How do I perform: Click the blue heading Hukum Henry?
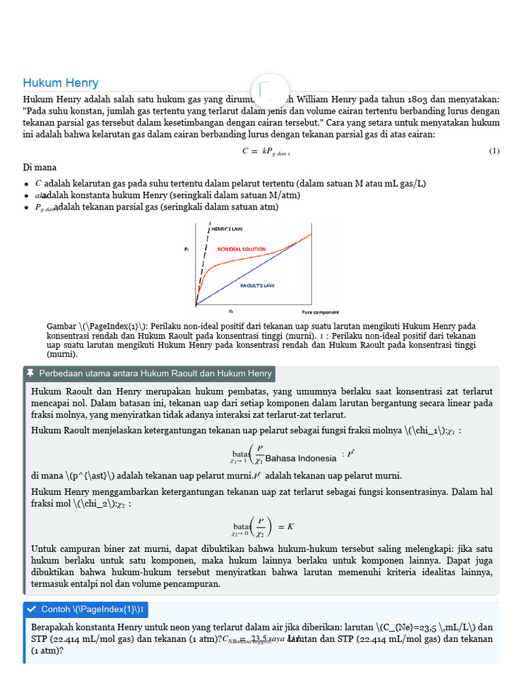(x=61, y=83)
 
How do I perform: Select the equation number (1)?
(x=494, y=151)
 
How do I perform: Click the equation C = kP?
(x=266, y=152)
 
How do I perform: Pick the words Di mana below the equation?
(x=39, y=167)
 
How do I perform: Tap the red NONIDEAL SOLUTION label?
(x=241, y=250)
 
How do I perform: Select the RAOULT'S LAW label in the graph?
(x=257, y=286)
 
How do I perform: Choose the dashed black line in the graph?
(x=203, y=262)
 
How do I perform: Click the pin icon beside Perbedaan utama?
(x=30, y=374)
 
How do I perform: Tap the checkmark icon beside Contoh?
(x=31, y=609)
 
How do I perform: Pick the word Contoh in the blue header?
(x=55, y=609)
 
